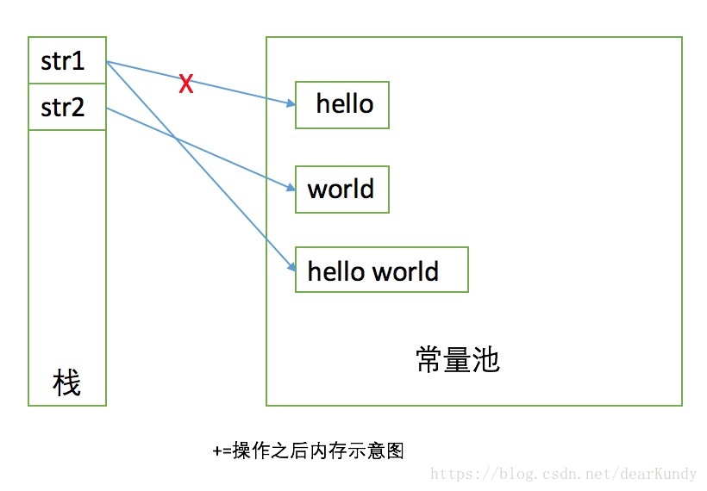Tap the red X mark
pyautogui.click(x=185, y=84)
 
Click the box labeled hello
pyautogui.click(x=342, y=104)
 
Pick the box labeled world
pyautogui.click(x=342, y=190)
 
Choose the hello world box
pyautogui.click(x=381, y=270)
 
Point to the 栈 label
pyautogui.click(x=66, y=382)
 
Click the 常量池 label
pyautogui.click(x=457, y=359)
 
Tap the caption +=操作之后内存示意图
pyautogui.click(x=308, y=451)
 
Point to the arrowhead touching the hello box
pyautogui.click(x=291, y=103)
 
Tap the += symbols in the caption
pyautogui.click(x=221, y=451)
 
